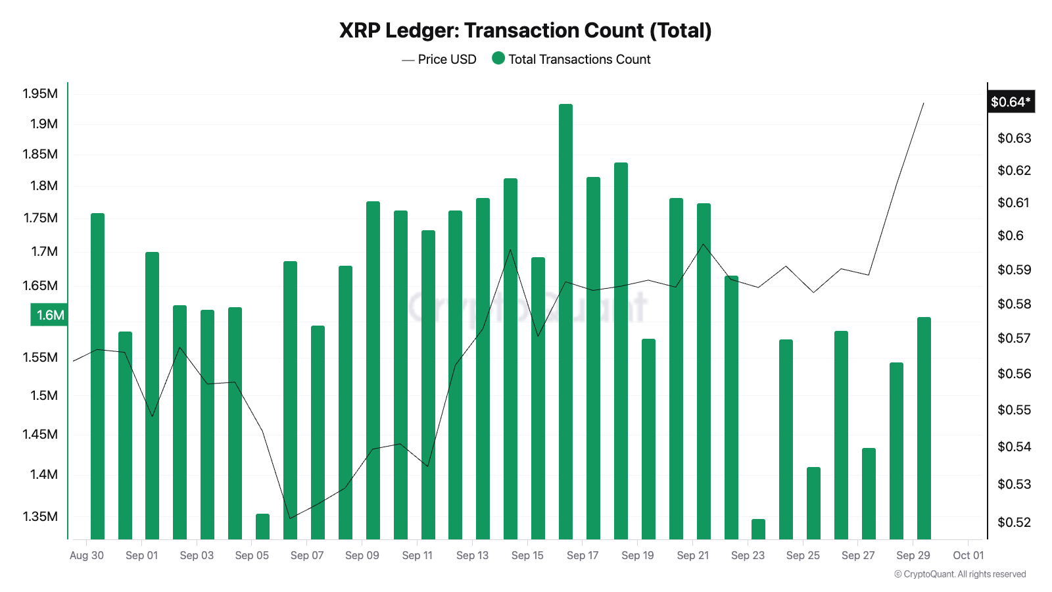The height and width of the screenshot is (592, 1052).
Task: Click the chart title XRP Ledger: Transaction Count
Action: pyautogui.click(x=525, y=31)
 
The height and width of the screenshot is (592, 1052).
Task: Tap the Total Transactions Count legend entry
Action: pyautogui.click(x=579, y=59)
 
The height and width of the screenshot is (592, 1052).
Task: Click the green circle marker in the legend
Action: pyautogui.click(x=498, y=59)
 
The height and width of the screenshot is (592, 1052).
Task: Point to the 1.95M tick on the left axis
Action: pyautogui.click(x=40, y=93)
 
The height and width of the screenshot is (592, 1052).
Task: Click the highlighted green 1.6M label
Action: pyautogui.click(x=50, y=315)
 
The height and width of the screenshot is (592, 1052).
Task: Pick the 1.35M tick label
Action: pyautogui.click(x=40, y=516)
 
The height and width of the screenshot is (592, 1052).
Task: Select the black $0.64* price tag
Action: pyautogui.click(x=1011, y=102)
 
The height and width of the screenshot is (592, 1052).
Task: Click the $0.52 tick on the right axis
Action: pyautogui.click(x=1014, y=522)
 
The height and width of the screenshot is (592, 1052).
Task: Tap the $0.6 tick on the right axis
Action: pyautogui.click(x=1011, y=235)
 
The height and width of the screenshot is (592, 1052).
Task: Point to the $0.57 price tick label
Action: pyautogui.click(x=1014, y=338)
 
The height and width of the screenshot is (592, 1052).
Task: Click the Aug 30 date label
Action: pyautogui.click(x=87, y=555)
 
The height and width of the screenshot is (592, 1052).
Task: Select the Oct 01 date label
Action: pyautogui.click(x=968, y=555)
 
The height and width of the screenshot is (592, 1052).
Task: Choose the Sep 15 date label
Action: pyautogui.click(x=527, y=555)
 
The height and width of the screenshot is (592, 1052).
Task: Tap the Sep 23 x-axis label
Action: pyautogui.click(x=748, y=555)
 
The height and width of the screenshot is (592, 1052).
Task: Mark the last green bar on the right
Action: pyautogui.click(x=924, y=428)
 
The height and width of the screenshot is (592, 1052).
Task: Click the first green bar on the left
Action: pyautogui.click(x=97, y=375)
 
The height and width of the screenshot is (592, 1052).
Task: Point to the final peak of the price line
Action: pyautogui.click(x=923, y=104)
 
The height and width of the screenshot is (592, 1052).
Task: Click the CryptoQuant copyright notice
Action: pyautogui.click(x=960, y=574)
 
